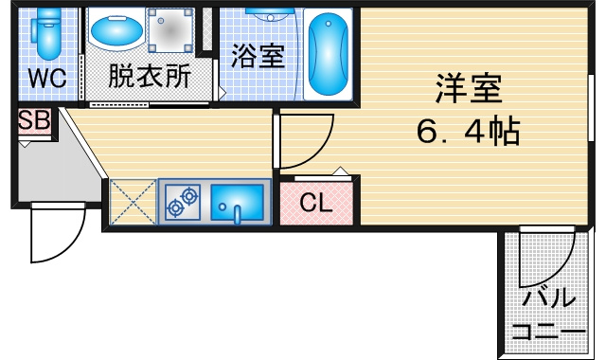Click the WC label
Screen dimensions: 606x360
(47, 78)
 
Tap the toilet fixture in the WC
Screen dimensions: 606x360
(48, 33)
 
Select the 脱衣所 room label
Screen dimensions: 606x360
(150, 76)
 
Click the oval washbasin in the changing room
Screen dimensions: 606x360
(116, 31)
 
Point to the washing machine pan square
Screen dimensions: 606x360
(170, 30)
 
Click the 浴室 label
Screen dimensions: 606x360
(258, 56)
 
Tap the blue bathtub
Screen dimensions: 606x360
(329, 55)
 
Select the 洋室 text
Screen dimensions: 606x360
(469, 88)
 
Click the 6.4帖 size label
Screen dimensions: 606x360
(469, 131)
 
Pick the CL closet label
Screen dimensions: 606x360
(316, 203)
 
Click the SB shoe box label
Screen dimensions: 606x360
(34, 120)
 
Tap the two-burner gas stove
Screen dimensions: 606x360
(183, 202)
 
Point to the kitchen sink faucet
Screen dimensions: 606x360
(237, 215)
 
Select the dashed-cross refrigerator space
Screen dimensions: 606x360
(133, 202)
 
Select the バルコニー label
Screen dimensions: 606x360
(549, 315)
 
